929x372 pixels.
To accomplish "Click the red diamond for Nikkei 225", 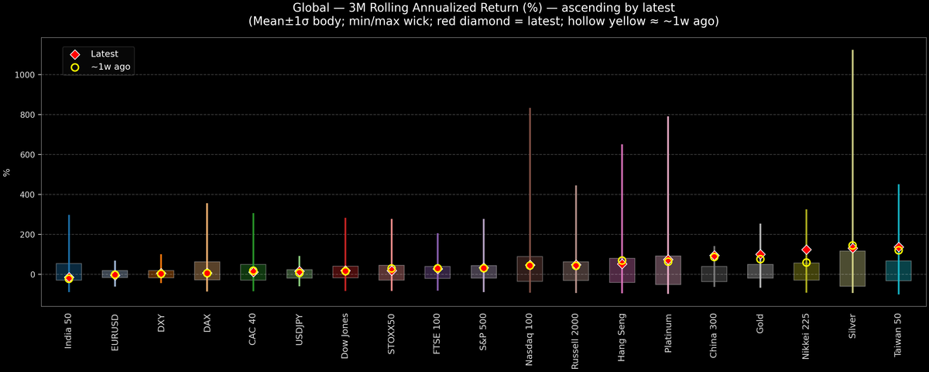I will tap(806, 250).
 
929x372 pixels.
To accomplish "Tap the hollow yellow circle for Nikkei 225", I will tap(806, 263).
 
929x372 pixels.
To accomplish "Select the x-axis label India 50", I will tap(69, 332).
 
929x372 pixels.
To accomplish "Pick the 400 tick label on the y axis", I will tap(29, 195).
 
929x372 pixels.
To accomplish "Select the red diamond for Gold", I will tap(760, 254).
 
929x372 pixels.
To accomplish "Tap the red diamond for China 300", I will tap(714, 256).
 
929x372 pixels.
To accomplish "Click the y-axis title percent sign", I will tap(7, 172).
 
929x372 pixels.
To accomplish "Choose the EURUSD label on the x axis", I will tap(115, 332).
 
